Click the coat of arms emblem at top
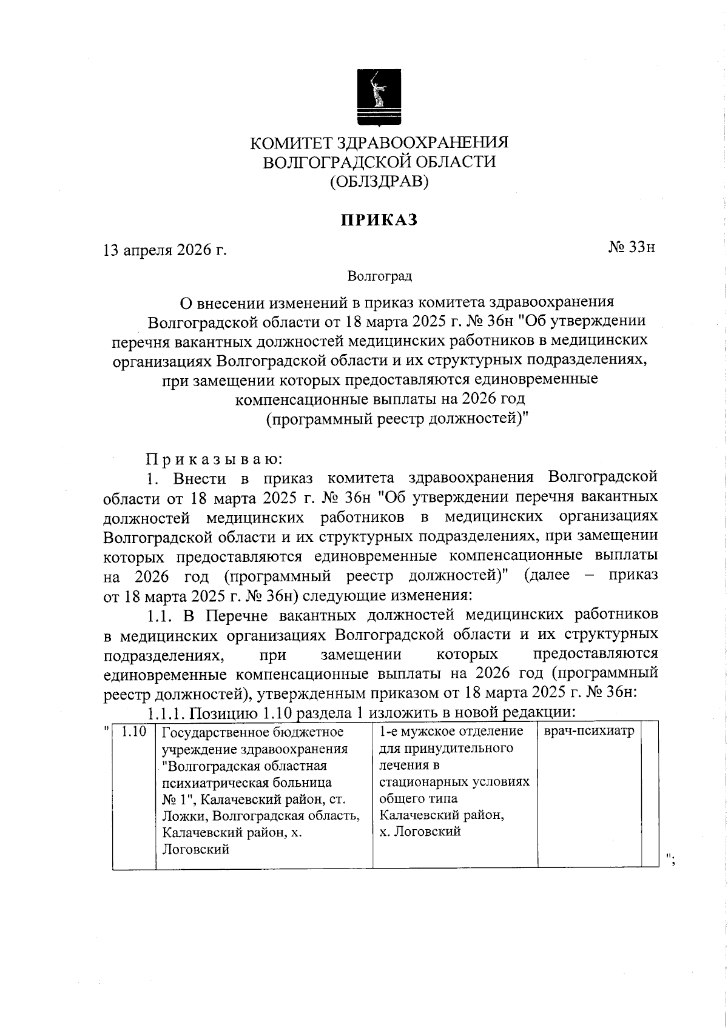[x=379, y=97]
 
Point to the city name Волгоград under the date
[x=380, y=276]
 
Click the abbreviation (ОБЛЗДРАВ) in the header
[x=379, y=181]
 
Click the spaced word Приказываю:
[x=211, y=458]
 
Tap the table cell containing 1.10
[x=135, y=732]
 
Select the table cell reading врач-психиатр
[x=588, y=732]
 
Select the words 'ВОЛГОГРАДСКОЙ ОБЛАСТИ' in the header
[x=379, y=162]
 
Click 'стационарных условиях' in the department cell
[x=454, y=782]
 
